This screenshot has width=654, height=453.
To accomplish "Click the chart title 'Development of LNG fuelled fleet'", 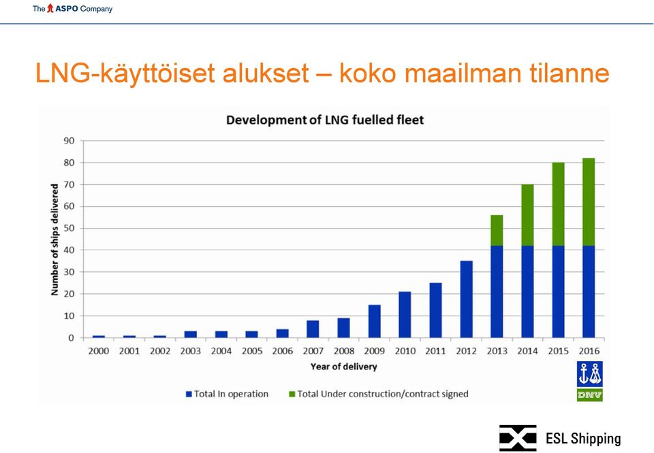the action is pos(325,120).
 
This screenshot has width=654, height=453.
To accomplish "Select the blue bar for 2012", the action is pos(466,299).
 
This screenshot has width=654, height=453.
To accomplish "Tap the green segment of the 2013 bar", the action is pos(497,231).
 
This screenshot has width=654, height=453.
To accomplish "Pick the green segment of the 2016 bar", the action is pos(589,202).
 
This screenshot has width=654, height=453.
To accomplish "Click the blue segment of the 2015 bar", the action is pos(558,291).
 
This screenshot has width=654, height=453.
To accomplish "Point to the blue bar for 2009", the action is pos(375,322).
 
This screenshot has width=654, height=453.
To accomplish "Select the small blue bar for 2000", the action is pos(99,337).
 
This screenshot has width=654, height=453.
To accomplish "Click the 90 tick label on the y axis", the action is pos(69,141).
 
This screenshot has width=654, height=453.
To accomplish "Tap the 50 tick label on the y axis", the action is pos(69,228).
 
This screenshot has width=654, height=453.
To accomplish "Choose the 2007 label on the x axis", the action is pos(313,351).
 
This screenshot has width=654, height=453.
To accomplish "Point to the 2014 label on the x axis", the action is pos(527,351).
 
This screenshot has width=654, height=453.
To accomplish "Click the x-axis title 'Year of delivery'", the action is pos(343,367).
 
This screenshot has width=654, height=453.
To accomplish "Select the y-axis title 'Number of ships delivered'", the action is pos(54,240).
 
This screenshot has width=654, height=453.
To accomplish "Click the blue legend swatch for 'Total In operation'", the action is pos(189,394).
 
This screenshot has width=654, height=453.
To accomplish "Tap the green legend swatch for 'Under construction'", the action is pos(292,394).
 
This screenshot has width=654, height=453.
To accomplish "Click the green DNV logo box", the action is pos(590,395).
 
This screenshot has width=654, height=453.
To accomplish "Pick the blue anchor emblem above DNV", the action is pos(590,374).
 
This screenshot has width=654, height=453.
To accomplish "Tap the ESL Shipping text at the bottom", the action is pos(584,439).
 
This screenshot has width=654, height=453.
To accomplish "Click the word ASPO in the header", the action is pos(67,9).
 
